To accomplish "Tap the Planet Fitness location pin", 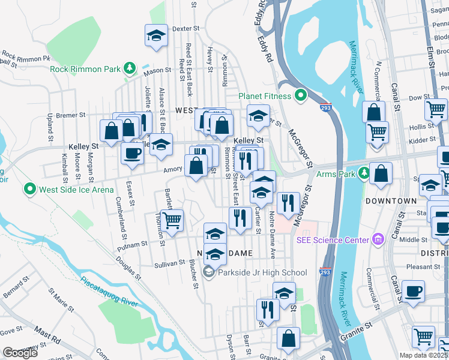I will tap(300, 95).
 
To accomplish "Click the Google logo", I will tap(20, 353).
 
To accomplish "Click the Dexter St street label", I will tap(185, 28).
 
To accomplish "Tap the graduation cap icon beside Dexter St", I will tap(156, 35).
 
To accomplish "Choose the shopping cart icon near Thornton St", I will tap(172, 221).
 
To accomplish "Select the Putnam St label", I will tap(133, 245).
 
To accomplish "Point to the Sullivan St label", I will tap(169, 263).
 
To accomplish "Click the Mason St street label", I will tap(157, 73).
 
